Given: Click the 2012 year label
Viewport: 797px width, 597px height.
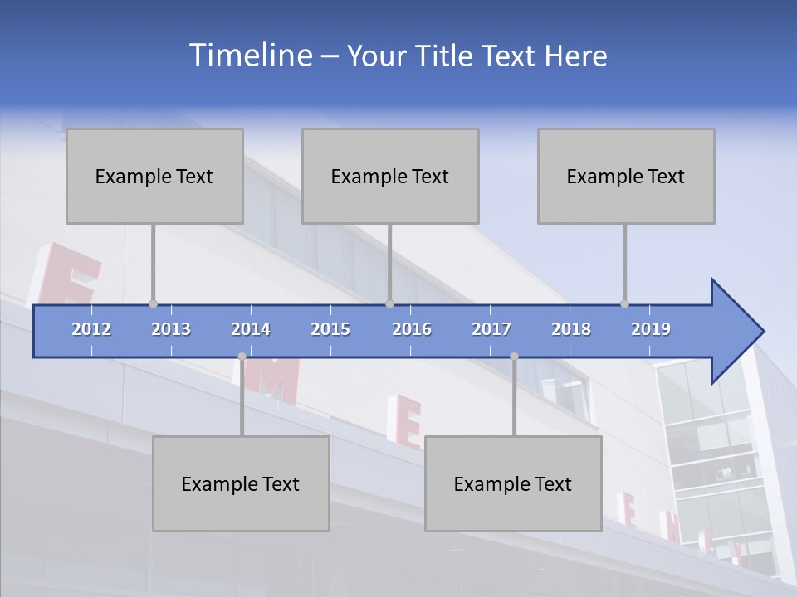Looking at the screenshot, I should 91,329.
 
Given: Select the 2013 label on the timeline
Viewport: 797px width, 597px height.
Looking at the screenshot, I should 171,329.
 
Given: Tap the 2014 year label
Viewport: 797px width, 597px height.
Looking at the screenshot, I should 251,329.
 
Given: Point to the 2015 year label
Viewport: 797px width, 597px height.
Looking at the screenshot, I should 330,329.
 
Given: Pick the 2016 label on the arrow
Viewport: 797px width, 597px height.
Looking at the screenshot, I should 412,329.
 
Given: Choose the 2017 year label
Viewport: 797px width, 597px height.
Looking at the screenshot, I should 491,329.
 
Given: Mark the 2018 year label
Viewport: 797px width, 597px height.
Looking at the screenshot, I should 571,329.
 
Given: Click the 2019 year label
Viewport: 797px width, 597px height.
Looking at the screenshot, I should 651,329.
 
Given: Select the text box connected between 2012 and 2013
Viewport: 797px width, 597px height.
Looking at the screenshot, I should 154,176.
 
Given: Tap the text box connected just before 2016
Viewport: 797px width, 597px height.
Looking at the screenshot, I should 390,176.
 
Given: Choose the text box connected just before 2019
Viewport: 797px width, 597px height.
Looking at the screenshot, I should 626,176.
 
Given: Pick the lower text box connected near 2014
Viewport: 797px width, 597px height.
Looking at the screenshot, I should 241,483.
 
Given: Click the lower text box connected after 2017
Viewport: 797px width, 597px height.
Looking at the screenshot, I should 513,483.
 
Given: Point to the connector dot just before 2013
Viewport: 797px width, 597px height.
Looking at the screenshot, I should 153,304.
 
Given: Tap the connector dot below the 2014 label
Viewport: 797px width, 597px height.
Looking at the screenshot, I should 242,357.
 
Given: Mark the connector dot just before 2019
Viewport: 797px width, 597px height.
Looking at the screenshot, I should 624,304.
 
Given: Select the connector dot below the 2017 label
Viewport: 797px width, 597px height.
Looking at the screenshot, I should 514,357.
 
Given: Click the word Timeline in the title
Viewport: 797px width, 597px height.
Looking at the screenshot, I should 250,55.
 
